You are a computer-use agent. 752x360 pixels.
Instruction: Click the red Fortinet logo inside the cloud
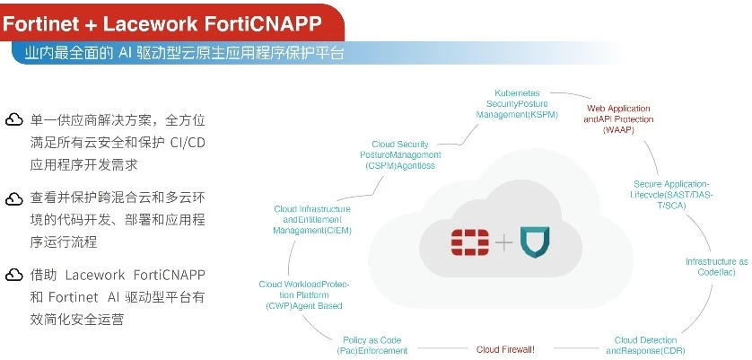(468, 241)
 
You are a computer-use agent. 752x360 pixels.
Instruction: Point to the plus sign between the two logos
(503, 242)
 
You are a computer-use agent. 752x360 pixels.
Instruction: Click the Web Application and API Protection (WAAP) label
(619, 119)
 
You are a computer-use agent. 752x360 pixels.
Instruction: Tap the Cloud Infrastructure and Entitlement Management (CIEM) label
(312, 219)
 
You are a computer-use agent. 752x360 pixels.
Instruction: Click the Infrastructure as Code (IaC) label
(716, 267)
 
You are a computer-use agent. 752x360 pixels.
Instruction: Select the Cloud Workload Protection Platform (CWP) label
(304, 294)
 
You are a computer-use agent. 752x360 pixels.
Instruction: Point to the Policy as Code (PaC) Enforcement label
(375, 345)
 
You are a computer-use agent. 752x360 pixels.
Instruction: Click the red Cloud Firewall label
(505, 349)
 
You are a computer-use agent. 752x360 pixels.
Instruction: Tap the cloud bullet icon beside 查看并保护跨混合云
(14, 198)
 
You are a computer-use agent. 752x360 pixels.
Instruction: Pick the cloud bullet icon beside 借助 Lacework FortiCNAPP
(14, 275)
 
